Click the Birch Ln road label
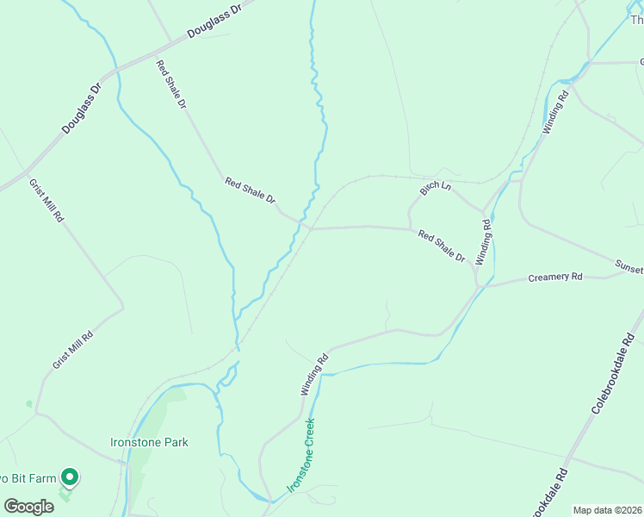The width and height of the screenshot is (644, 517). (436, 187)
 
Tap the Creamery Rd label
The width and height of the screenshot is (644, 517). (555, 277)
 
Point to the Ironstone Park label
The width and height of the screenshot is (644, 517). (149, 442)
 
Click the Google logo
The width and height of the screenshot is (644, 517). (28, 506)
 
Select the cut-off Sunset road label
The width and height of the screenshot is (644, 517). (629, 268)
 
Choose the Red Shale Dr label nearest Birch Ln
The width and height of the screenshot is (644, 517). (442, 246)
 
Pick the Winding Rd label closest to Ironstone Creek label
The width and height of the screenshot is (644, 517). (314, 375)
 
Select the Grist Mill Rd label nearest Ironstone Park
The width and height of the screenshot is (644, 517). (72, 349)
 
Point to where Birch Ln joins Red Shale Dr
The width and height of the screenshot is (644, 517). (410, 228)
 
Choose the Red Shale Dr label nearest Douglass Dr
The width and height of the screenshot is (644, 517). (170, 84)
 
